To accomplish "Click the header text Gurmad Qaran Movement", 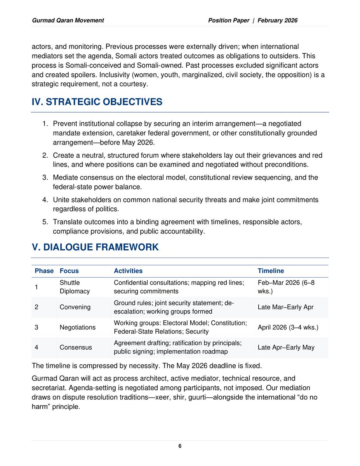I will click(x=68, y=20).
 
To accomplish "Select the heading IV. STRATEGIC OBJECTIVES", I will click(x=97, y=102).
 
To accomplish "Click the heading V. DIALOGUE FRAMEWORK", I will click(x=95, y=247).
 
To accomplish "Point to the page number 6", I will click(x=180, y=446).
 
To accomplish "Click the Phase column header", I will click(x=44, y=271).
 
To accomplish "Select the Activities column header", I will click(x=128, y=271).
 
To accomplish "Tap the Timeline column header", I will click(x=271, y=271).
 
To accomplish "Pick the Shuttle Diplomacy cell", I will click(x=75, y=287).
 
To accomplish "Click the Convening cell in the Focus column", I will click(x=75, y=307).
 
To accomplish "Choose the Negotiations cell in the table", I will click(x=77, y=327).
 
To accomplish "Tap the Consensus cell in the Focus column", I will click(x=76, y=348).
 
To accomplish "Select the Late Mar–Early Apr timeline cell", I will click(x=286, y=307).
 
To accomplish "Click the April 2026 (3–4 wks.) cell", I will click(x=288, y=327).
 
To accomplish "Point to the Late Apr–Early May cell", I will click(x=286, y=348).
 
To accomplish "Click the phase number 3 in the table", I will click(x=37, y=327).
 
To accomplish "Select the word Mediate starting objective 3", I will click(x=65, y=177).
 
